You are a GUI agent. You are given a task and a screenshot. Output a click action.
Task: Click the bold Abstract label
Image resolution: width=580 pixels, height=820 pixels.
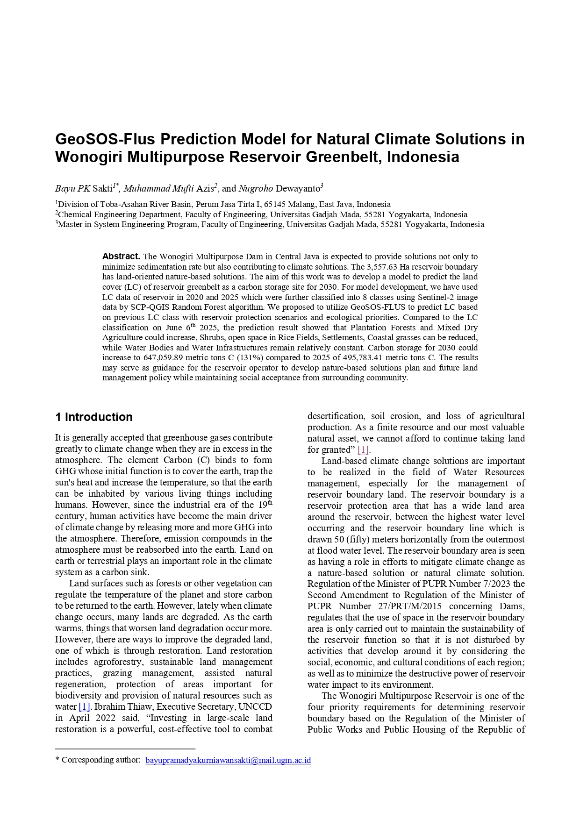121,257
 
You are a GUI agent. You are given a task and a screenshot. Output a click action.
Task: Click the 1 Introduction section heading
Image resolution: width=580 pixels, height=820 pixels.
94,417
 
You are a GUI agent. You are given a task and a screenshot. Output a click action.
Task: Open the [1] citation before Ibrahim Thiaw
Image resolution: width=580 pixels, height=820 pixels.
84,707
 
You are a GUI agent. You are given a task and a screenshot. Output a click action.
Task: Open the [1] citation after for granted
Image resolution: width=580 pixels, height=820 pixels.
363,450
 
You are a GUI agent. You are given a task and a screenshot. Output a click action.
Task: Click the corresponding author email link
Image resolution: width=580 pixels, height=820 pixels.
228,760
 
